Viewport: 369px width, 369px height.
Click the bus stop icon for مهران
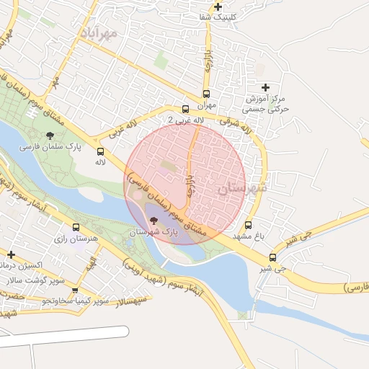click(207, 94)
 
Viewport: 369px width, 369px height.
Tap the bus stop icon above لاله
click(100, 152)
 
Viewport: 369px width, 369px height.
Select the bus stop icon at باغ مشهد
click(249, 225)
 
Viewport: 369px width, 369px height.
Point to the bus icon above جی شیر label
click(272, 258)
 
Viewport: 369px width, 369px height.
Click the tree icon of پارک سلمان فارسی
click(50, 135)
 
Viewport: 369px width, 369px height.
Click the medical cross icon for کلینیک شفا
click(218, 6)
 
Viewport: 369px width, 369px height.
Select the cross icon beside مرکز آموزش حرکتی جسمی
click(265, 87)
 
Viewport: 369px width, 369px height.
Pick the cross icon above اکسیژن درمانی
click(11, 254)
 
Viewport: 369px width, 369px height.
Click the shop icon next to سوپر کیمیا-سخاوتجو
click(75, 290)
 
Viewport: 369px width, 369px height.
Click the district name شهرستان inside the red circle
click(241, 188)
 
